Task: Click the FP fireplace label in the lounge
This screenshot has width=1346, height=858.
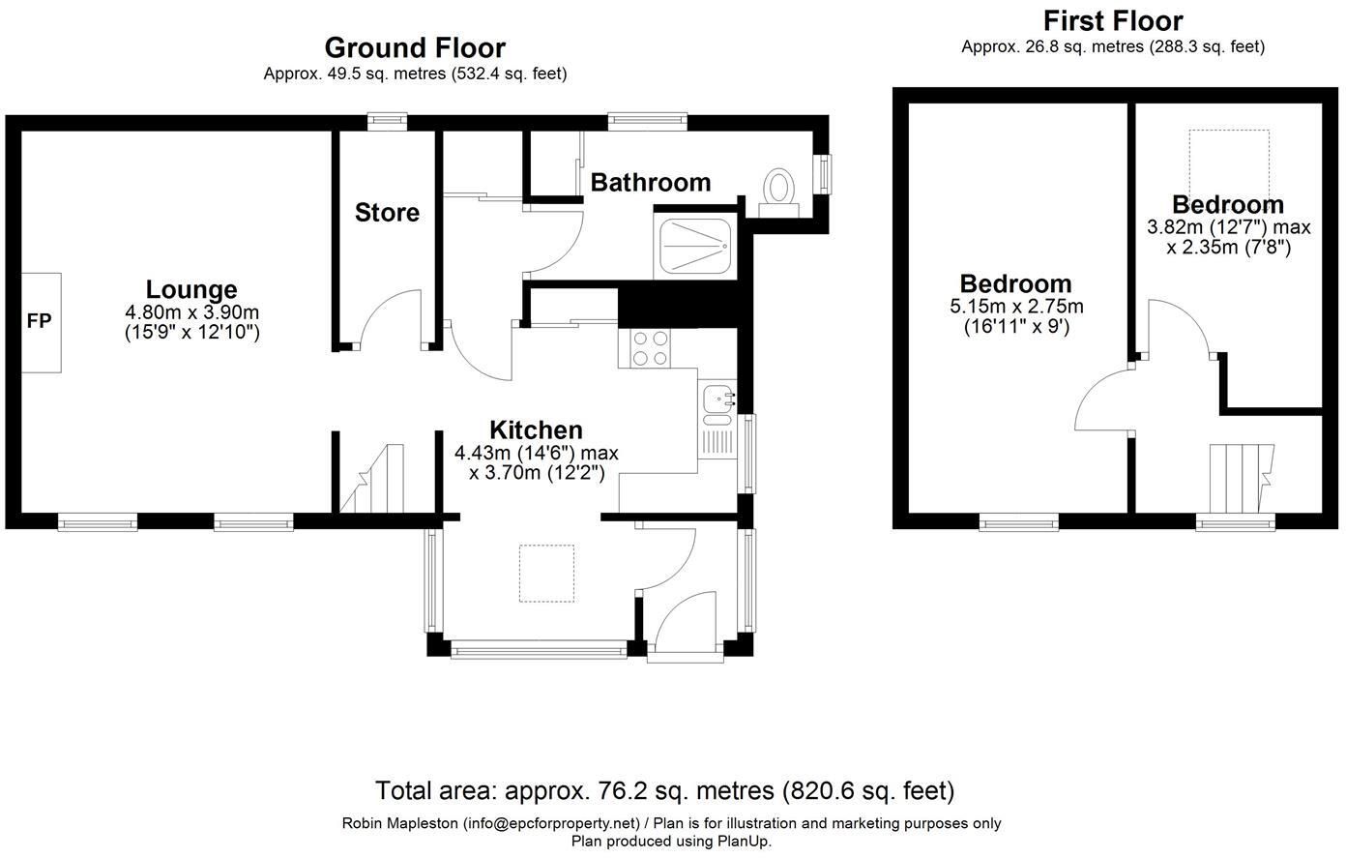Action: point(39,321)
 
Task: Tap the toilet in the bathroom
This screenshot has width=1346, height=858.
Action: point(778,192)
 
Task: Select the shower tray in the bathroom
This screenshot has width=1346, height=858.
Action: point(695,246)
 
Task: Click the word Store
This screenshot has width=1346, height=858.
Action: point(387,213)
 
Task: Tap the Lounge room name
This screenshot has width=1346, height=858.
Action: point(191,290)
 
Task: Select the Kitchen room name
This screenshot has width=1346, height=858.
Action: point(537,430)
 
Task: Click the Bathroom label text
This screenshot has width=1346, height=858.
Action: point(651,183)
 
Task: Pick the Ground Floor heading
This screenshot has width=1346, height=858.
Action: point(415,47)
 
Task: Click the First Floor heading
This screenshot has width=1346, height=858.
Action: point(1114,21)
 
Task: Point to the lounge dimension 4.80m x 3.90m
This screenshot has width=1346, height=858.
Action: point(192,312)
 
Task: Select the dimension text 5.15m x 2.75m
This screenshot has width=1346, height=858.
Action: point(1016,307)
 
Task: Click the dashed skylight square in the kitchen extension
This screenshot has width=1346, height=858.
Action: point(547,573)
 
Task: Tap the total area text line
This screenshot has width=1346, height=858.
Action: point(664,791)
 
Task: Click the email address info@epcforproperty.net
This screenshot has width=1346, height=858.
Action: point(550,823)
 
